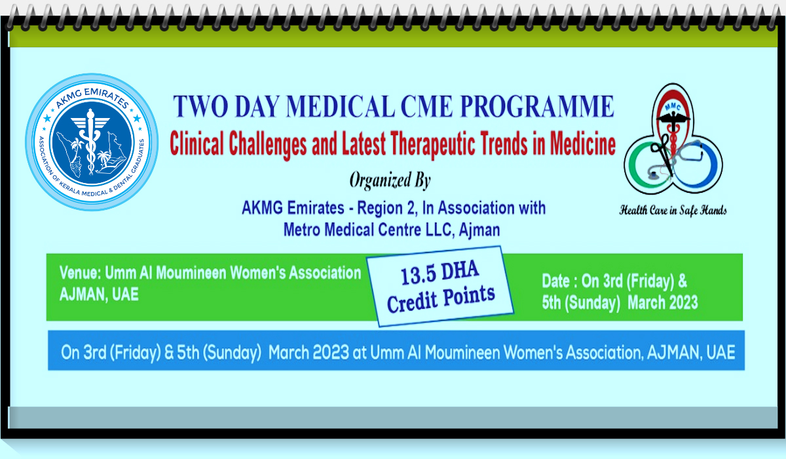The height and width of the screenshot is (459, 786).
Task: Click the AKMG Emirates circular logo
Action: tap(92, 142)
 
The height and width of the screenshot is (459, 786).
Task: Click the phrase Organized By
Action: tap(390, 180)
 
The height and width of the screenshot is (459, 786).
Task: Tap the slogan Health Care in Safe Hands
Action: tap(673, 210)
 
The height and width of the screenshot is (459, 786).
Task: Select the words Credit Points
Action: tap(441, 299)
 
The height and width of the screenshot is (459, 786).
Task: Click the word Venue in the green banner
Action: tap(79, 273)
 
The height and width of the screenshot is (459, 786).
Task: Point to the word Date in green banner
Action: tap(555, 281)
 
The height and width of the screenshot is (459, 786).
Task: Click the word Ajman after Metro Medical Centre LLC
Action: tap(479, 230)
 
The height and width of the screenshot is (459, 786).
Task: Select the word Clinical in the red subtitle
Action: tap(196, 144)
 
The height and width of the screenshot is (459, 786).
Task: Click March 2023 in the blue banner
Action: tap(309, 352)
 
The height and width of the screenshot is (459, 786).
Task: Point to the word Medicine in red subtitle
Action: tap(582, 144)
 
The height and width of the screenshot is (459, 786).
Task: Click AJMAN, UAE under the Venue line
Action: tap(99, 294)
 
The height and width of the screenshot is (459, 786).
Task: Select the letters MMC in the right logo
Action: tap(673, 107)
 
